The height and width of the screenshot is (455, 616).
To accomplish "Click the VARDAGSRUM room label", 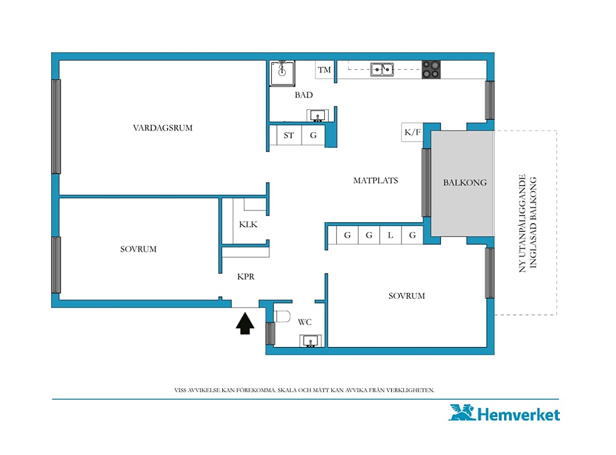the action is click(x=163, y=128).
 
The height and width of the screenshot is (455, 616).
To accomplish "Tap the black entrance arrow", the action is click(x=245, y=323).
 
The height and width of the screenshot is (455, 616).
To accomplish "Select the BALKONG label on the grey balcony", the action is click(x=465, y=182).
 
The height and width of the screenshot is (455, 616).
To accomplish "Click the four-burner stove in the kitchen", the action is click(x=431, y=70).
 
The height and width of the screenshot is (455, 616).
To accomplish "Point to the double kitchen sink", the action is click(x=382, y=70).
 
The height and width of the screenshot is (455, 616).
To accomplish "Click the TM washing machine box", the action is click(x=325, y=70).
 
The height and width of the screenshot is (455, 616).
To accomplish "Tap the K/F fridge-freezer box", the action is click(x=412, y=132).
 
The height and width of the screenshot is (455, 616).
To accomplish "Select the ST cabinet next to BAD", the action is click(x=289, y=135).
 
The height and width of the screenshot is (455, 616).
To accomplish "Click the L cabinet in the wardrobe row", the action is click(x=391, y=235).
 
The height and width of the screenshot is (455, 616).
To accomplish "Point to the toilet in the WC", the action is click(x=282, y=316).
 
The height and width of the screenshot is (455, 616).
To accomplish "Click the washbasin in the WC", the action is click(x=310, y=340).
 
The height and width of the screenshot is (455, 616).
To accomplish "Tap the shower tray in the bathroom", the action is click(x=282, y=73).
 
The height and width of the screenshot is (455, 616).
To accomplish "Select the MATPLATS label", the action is click(x=376, y=180).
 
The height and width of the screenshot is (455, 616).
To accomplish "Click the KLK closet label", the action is click(x=248, y=224).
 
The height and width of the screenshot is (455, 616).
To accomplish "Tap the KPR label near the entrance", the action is click(x=246, y=277).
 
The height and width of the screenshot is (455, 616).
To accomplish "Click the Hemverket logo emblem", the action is click(x=462, y=412).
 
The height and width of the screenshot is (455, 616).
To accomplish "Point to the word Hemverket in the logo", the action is click(x=519, y=415).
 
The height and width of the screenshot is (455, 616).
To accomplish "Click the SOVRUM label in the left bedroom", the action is click(x=138, y=249).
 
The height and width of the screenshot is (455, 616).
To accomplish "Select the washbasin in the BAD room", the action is click(x=317, y=116).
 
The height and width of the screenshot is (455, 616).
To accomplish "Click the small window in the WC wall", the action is click(x=270, y=333).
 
